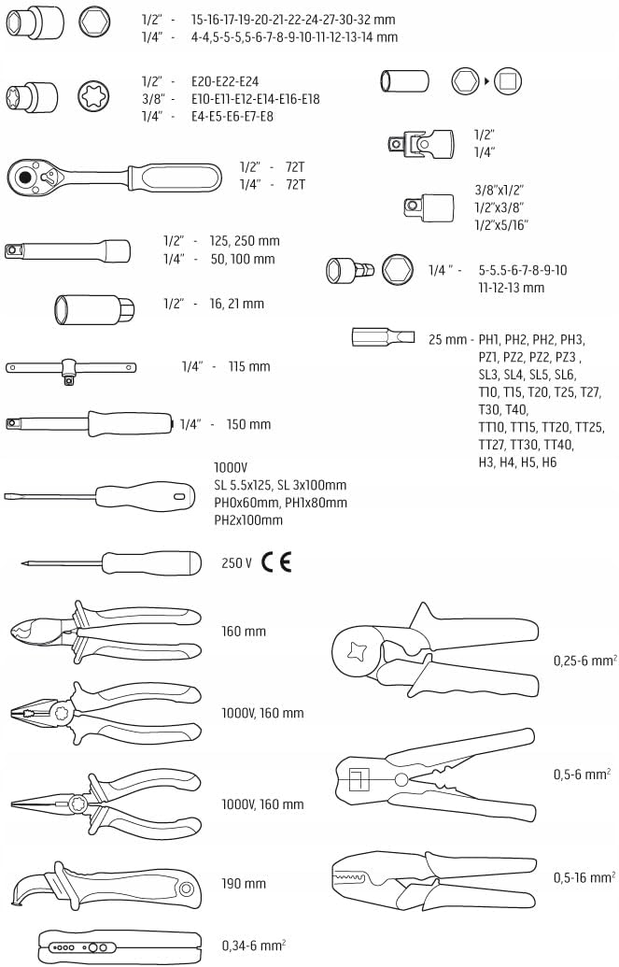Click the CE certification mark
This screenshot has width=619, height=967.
(276, 562)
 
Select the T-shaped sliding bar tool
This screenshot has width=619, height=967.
(71, 369)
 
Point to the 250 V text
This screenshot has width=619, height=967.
(236, 562)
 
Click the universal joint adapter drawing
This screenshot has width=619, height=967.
(420, 144)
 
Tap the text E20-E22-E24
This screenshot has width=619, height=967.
(225, 81)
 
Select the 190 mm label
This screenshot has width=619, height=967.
(244, 883)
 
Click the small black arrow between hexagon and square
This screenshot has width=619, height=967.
(487, 80)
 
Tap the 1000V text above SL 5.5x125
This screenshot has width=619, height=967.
(231, 467)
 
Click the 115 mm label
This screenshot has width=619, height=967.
(249, 366)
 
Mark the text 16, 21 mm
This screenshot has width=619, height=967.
(236, 304)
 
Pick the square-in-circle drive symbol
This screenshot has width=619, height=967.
(508, 80)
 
